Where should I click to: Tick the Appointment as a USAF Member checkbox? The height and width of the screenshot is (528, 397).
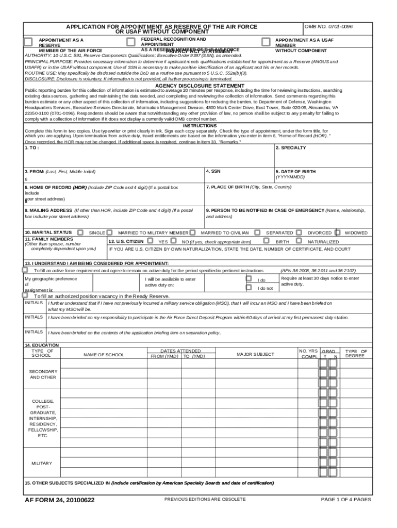[266, 42]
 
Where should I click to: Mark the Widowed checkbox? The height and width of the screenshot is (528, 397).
[338, 233]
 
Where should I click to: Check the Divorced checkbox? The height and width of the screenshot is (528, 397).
[301, 233]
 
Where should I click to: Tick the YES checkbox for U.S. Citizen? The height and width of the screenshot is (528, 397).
[150, 241]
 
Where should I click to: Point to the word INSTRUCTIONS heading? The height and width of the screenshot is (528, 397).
[200, 126]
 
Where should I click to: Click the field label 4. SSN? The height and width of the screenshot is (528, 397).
[214, 171]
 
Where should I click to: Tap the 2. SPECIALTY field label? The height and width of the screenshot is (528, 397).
[291, 148]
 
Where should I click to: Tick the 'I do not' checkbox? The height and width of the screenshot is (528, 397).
[249, 288]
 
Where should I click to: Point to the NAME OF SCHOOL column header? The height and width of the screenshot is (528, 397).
[104, 354]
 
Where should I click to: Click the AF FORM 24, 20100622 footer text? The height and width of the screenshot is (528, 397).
[60, 500]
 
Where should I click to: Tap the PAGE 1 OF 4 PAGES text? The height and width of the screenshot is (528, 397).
[345, 500]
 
